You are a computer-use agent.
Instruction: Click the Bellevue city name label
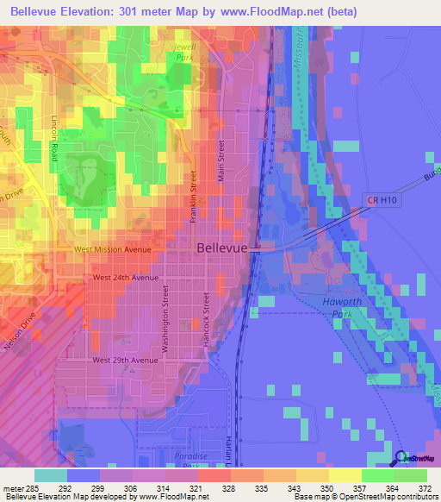click(x=222, y=248)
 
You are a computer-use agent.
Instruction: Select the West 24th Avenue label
click(x=126, y=278)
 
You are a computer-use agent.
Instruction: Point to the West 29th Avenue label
click(x=126, y=359)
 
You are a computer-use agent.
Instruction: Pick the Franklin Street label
click(x=194, y=198)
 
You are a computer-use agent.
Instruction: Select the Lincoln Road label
click(x=53, y=133)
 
